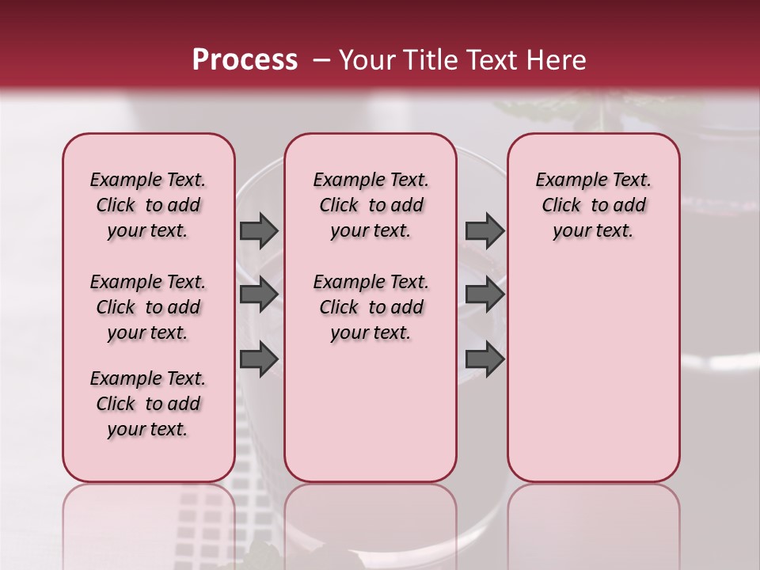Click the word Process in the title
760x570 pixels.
pos(244,60)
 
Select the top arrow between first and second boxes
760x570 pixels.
pos(259,231)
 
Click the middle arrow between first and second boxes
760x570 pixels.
pos(259,294)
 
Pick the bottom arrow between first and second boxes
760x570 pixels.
pos(259,359)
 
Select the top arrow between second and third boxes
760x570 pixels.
pos(484,231)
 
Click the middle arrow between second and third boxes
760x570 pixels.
pos(484,294)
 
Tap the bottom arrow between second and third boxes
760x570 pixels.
pos(484,359)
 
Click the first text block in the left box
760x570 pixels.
pos(148,205)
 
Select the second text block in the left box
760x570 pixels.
pos(148,307)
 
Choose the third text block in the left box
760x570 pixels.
pos(148,404)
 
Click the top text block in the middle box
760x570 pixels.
pos(370,205)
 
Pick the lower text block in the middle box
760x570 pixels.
pos(370,307)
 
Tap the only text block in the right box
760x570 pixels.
pos(593,205)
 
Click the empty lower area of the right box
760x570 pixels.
pos(593,372)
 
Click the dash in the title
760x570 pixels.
pos(321,60)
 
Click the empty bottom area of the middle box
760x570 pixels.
pos(370,420)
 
